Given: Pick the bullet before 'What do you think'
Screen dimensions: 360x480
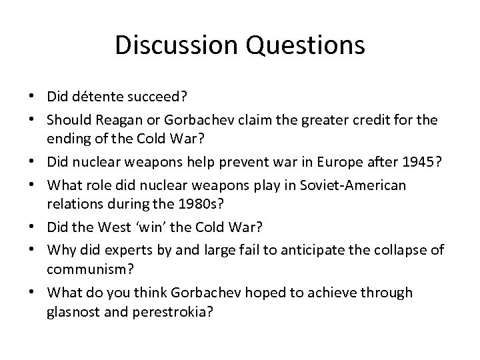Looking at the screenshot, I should coord(34,293).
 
